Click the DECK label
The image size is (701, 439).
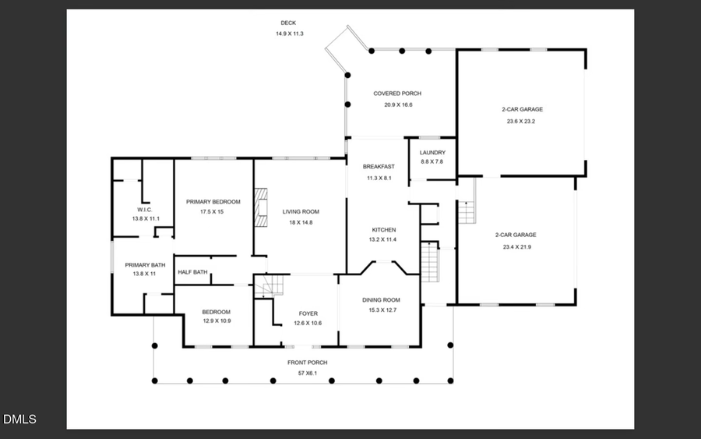(x=288, y=23)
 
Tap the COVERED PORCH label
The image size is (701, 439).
(x=397, y=94)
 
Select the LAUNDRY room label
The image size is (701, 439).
(x=432, y=152)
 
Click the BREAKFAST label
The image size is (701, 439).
(x=379, y=166)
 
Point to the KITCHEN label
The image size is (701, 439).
(x=383, y=230)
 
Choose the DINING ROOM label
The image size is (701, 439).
(x=381, y=300)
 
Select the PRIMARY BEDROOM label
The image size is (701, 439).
(x=213, y=201)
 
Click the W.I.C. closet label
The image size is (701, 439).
(x=146, y=209)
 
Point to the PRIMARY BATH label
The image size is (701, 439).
(x=146, y=265)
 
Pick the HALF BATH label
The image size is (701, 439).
(x=192, y=272)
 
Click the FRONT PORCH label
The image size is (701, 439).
(x=308, y=363)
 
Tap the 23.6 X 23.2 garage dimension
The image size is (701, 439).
(x=521, y=122)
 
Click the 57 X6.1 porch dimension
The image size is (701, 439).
(x=308, y=374)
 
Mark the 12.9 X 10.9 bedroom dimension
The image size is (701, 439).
(x=217, y=320)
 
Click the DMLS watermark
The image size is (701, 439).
(x=19, y=420)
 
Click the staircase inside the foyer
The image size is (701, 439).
(x=265, y=287)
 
